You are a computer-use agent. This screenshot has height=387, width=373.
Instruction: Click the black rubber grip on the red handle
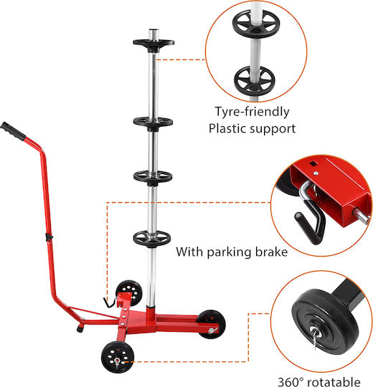click(13, 131)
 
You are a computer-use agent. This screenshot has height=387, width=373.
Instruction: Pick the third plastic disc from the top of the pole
click(153, 177)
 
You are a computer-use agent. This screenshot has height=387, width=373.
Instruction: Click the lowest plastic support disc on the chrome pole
click(152, 239)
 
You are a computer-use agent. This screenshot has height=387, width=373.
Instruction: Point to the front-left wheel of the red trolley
click(118, 357)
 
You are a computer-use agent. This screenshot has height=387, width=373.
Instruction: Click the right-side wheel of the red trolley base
click(211, 325)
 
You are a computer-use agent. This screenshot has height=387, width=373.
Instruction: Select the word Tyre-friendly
click(252, 112)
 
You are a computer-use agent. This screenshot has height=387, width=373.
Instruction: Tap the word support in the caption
click(273, 129)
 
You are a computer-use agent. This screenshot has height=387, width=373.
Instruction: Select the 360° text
click(291, 381)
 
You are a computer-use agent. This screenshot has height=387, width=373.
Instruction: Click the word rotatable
click(334, 381)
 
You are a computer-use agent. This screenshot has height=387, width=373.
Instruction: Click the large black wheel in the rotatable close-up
click(325, 321)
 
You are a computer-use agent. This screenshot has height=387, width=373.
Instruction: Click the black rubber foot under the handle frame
click(80, 328)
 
